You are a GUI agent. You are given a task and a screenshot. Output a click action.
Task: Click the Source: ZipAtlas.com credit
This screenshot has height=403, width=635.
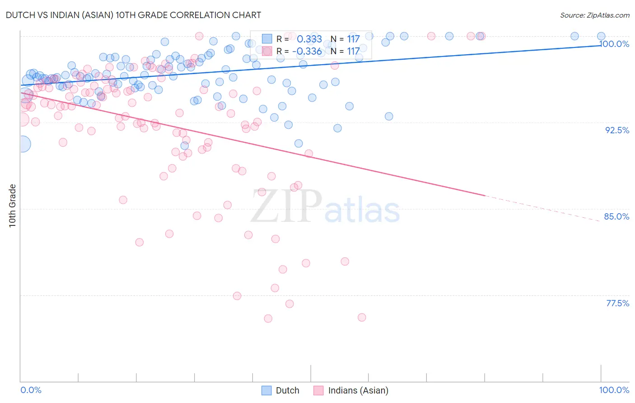click(594, 15)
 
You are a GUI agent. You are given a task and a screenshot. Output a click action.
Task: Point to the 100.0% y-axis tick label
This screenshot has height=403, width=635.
click(614, 44)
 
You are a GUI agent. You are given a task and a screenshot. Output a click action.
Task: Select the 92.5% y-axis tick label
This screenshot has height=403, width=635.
click(617, 130)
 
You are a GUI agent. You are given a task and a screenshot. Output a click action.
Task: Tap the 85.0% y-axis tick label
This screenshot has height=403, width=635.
click(616, 216)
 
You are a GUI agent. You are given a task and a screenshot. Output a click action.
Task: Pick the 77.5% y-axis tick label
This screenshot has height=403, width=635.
click(617, 303)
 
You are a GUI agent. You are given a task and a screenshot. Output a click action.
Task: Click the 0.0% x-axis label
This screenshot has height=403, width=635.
click(31, 390)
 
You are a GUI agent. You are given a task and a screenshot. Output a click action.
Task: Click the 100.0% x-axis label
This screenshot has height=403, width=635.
click(614, 390)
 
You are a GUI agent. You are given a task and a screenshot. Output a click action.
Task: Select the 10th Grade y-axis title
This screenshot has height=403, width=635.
click(12, 206)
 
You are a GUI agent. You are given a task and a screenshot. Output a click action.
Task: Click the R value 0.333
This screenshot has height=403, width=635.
click(309, 39)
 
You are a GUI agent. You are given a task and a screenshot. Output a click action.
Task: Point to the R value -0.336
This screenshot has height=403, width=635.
click(307, 51)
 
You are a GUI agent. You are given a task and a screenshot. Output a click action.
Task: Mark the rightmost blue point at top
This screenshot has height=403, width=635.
click(601, 36)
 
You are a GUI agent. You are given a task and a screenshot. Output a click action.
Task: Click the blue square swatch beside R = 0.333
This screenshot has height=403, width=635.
click(267, 39)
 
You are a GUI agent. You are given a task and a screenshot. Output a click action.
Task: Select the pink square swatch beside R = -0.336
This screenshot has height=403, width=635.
click(267, 51)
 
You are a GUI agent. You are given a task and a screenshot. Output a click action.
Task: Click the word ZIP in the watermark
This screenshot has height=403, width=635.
click(286, 207)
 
